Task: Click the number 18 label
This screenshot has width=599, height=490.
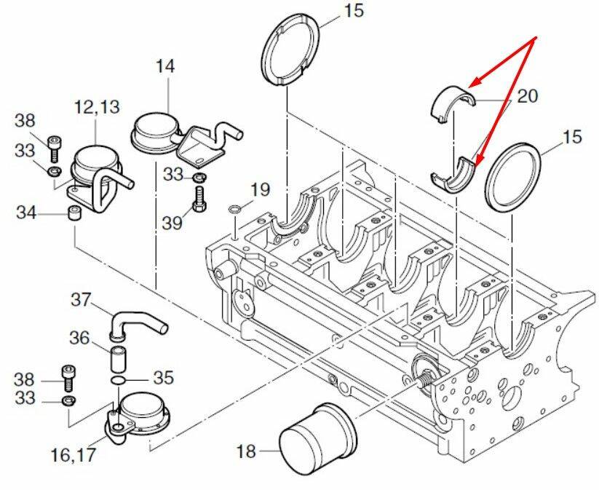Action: pos(246,451)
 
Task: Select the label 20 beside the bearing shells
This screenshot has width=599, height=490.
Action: pos(527,96)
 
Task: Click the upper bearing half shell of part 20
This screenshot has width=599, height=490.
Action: pos(453,104)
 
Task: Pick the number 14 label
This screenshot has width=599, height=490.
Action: pos(165,66)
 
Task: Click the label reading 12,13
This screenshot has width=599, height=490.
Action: pos(97,107)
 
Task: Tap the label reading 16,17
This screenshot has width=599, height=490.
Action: pos(73,454)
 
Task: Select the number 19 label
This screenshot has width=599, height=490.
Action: pos(260,189)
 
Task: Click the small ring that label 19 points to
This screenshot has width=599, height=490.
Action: pos(234,209)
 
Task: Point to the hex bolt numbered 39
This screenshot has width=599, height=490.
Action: pos(200,198)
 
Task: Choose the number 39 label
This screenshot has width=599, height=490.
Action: pos(172,223)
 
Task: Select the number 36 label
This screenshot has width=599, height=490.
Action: pos(79,339)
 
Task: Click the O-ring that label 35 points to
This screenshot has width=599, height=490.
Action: pos(118,381)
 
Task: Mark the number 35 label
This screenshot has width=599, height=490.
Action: pos(164,378)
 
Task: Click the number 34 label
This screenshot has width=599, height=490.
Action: pos(26,213)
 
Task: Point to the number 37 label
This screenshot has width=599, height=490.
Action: pos(82,300)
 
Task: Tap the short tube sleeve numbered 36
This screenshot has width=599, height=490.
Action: pos(118,358)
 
